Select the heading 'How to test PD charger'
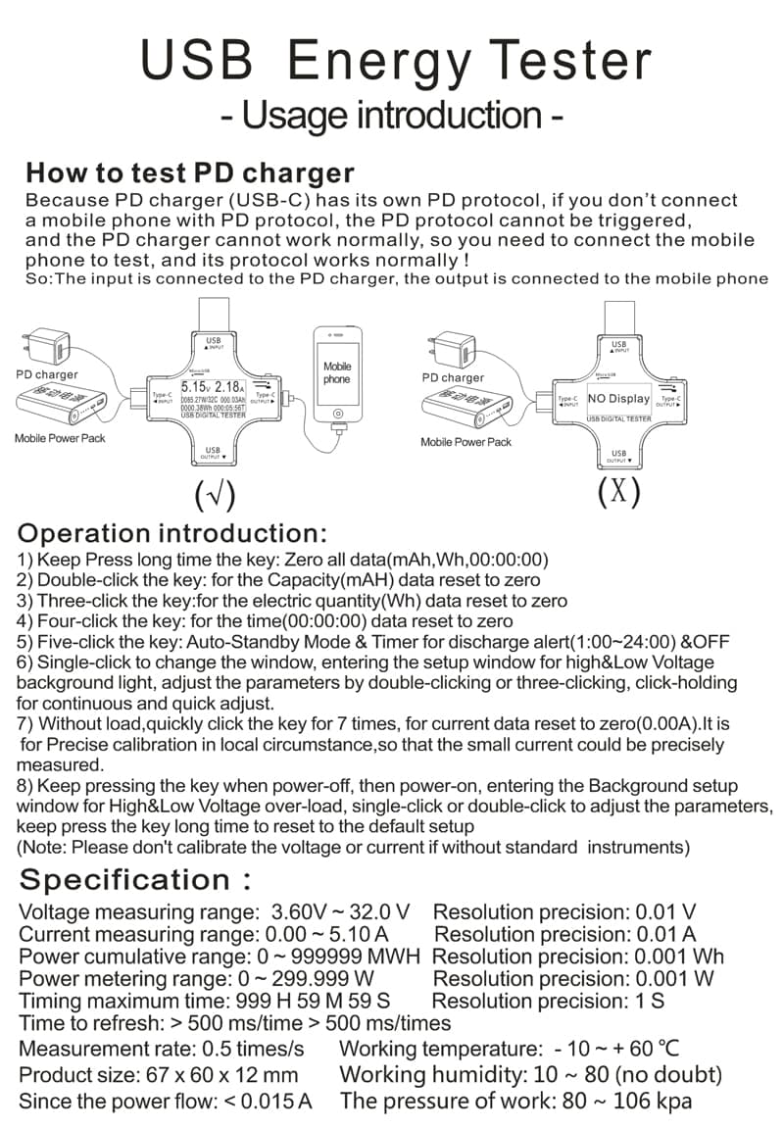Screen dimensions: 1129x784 pyautogui.click(x=189, y=173)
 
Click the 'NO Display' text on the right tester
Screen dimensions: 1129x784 pyautogui.click(x=618, y=399)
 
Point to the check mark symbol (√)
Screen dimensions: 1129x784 pyautogui.click(x=215, y=497)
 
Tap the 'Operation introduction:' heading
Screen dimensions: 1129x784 pyautogui.click(x=172, y=533)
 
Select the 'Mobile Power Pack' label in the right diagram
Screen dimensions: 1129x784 pyautogui.click(x=465, y=442)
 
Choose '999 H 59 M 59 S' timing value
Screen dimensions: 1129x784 pyautogui.click(x=314, y=1001)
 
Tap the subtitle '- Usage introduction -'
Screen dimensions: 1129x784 pyautogui.click(x=391, y=115)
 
